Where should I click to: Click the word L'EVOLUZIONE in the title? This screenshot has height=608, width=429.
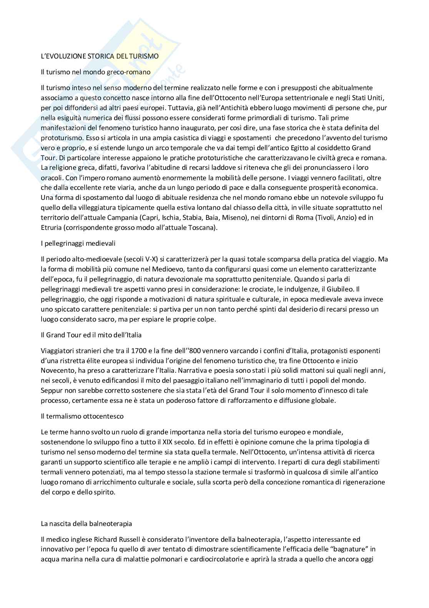tap(61, 56)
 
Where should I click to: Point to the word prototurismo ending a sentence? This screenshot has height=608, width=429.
tap(58, 137)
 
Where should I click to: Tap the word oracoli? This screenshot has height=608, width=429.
tap(52, 178)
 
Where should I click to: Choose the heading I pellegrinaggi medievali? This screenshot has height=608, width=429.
tap(78, 243)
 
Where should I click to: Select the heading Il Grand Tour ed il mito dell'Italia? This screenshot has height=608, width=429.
tap(91, 335)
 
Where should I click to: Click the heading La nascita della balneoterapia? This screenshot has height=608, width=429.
tap(86, 524)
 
